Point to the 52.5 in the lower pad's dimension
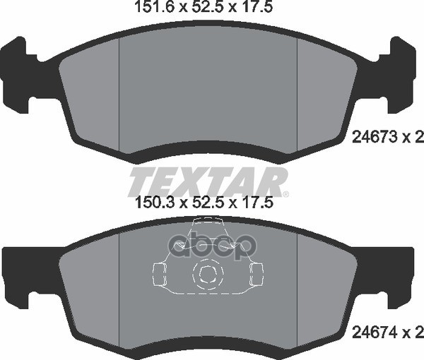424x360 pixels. [207, 203]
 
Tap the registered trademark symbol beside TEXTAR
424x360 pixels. [285, 194]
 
